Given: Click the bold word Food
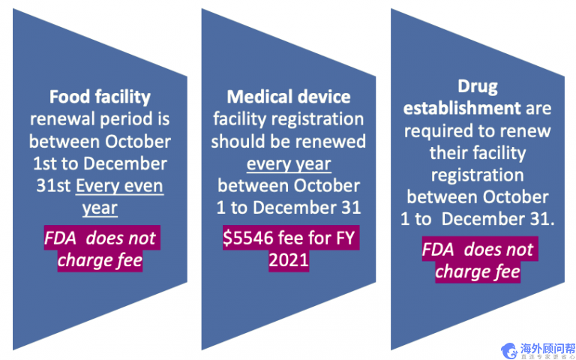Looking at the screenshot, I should coord(70,97).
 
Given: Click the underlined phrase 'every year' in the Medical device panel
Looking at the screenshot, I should coord(289,163).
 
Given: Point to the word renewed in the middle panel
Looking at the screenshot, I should coord(333,142).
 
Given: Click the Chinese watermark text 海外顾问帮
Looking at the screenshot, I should coord(549,346).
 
